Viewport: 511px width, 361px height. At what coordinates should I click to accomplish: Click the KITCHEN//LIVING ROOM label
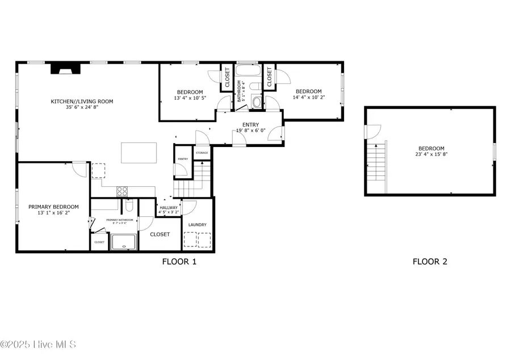click(x=82, y=102)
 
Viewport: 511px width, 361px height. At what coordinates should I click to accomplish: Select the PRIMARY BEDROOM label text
click(x=53, y=207)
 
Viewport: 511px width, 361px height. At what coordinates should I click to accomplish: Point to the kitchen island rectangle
click(x=139, y=153)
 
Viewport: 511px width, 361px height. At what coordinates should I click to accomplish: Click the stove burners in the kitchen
click(x=122, y=192)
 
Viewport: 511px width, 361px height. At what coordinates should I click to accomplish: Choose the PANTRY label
click(x=183, y=159)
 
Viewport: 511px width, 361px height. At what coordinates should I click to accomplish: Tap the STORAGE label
click(x=202, y=153)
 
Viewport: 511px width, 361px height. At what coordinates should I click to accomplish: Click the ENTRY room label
click(x=250, y=125)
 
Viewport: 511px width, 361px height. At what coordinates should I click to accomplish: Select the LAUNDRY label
click(x=198, y=225)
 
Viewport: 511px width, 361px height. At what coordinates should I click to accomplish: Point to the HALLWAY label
click(x=169, y=208)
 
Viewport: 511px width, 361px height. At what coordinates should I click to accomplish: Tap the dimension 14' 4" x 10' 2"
click(x=308, y=98)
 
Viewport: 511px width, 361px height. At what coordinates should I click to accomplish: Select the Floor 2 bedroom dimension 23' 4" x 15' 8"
click(x=432, y=154)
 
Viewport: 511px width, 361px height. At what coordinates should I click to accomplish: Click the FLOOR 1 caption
click(x=179, y=262)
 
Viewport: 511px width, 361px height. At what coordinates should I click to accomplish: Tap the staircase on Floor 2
click(x=376, y=162)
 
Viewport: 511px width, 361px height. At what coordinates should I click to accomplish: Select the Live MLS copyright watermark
click(x=38, y=345)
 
